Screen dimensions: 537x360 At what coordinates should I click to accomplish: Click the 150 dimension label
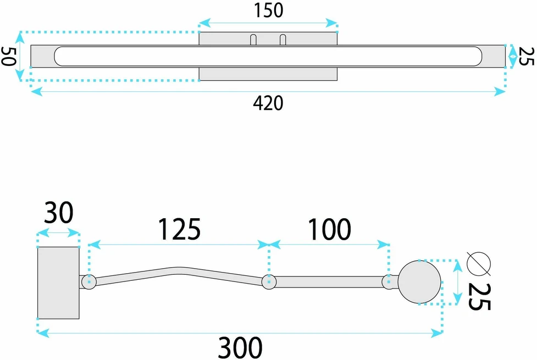pyautogui.click(x=268, y=10)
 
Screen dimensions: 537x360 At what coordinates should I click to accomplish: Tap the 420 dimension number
pyautogui.click(x=268, y=103)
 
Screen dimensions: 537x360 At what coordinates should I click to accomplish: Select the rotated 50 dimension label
pyautogui.click(x=8, y=56)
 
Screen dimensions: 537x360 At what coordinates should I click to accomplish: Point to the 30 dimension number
pyautogui.click(x=59, y=213)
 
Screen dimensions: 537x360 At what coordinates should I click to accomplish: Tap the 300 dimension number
pyautogui.click(x=240, y=347)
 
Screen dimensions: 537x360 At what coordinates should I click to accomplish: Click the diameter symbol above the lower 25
pyautogui.click(x=479, y=264)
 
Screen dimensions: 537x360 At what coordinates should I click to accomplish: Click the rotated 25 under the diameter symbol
pyautogui.click(x=479, y=297)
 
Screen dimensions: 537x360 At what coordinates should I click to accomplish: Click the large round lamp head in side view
pyautogui.click(x=419, y=282)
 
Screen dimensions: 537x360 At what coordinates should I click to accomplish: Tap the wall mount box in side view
pyautogui.click(x=58, y=283)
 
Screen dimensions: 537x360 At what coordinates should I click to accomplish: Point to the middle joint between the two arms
pyautogui.click(x=269, y=282)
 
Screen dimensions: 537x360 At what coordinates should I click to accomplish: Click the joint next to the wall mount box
pyautogui.click(x=89, y=282)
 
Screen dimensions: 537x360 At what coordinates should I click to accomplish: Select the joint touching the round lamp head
pyautogui.click(x=389, y=282)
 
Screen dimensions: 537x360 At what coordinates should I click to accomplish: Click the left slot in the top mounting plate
pyautogui.click(x=253, y=40)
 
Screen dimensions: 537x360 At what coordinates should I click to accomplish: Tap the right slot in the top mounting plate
pyautogui.click(x=283, y=40)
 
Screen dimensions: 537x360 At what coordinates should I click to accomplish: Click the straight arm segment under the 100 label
pyautogui.click(x=329, y=282)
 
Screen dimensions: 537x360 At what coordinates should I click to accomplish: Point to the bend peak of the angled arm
pyautogui.click(x=178, y=271)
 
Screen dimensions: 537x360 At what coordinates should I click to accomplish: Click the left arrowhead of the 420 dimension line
pyautogui.click(x=36, y=91)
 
